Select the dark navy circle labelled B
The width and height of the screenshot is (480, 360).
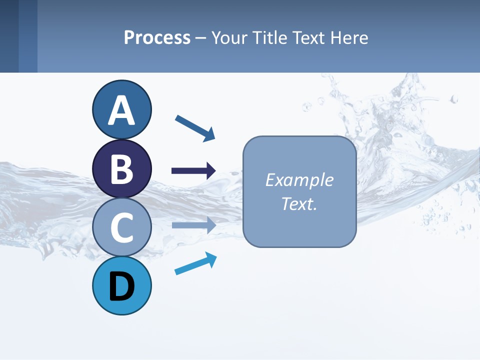122,168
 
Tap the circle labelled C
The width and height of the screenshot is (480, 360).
122,227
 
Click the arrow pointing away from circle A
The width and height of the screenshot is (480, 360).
195,127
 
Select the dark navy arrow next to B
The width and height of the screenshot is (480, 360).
193,171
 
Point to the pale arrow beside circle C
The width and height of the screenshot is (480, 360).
193,225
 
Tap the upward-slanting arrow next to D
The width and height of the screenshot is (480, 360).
195,263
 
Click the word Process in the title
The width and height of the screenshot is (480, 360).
157,37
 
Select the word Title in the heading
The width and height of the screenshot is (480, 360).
270,37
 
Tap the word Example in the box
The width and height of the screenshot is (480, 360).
299,180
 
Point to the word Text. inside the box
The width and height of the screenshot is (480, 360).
299,204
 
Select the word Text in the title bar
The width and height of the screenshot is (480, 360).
309,37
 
